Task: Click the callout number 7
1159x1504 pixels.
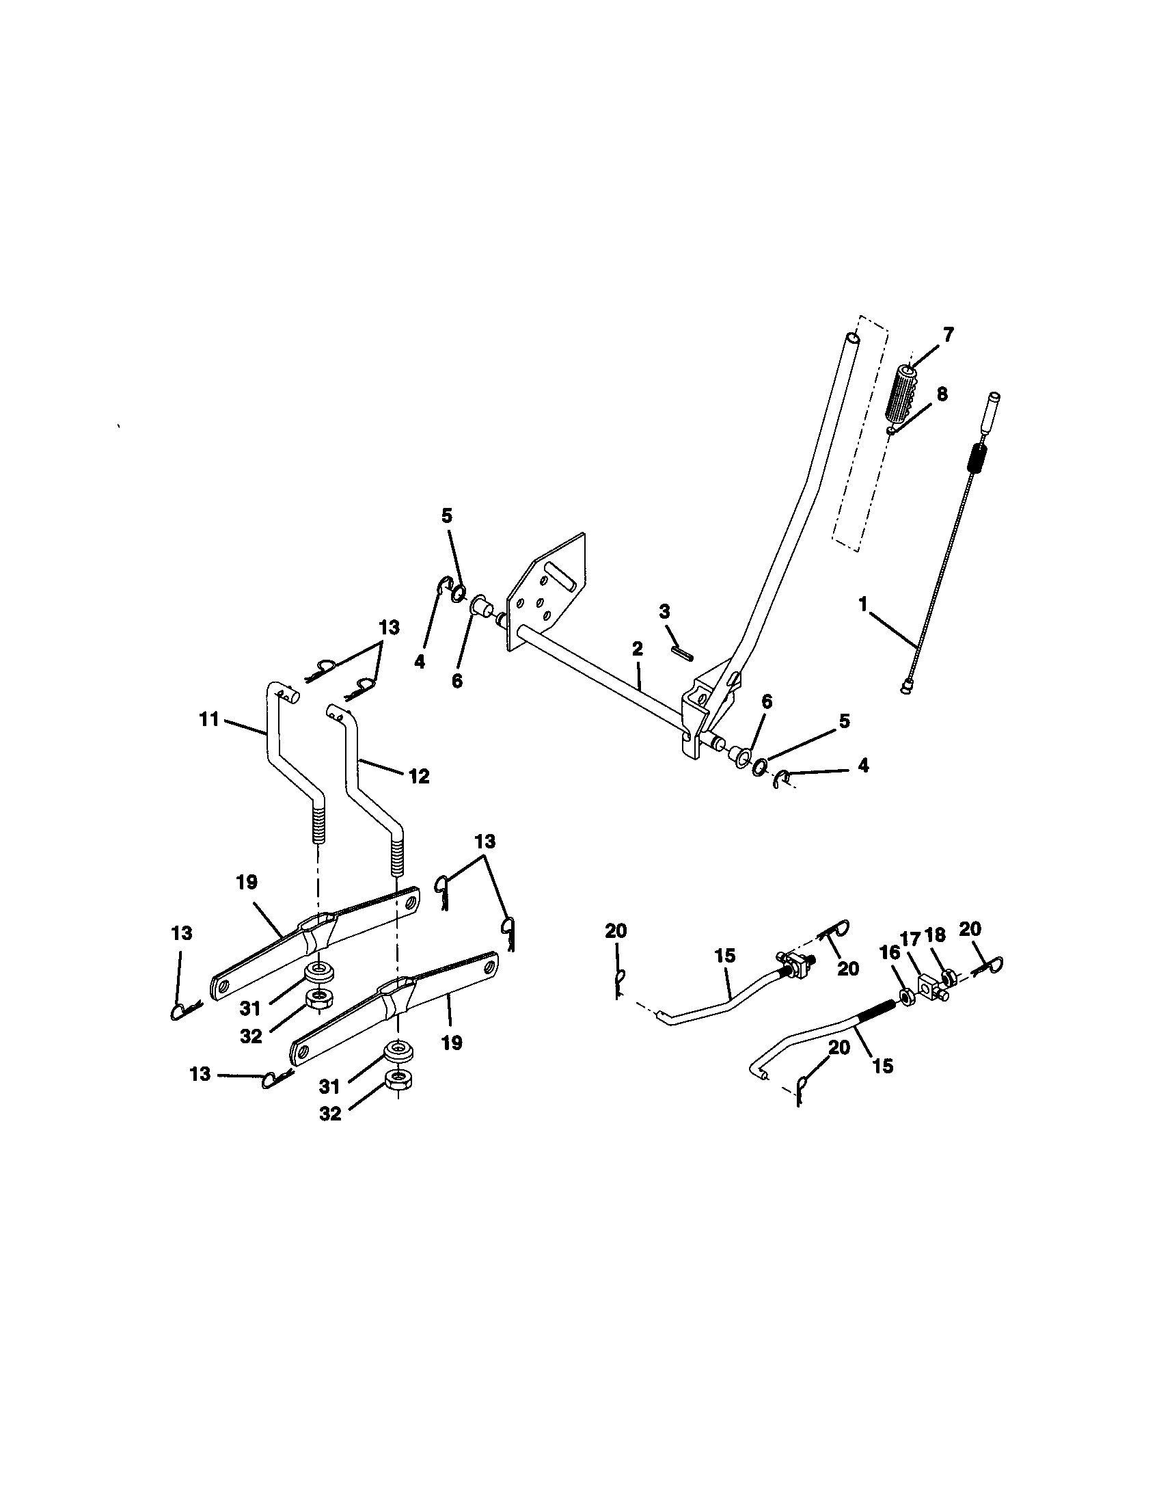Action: pos(948,335)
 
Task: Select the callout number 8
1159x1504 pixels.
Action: pos(942,394)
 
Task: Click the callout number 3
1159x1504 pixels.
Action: pos(664,612)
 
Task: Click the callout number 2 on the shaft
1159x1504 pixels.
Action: pos(638,648)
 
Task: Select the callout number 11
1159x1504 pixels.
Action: pos(208,719)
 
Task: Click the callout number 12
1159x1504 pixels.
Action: pos(419,776)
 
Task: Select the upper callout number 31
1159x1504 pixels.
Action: pos(250,1008)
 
